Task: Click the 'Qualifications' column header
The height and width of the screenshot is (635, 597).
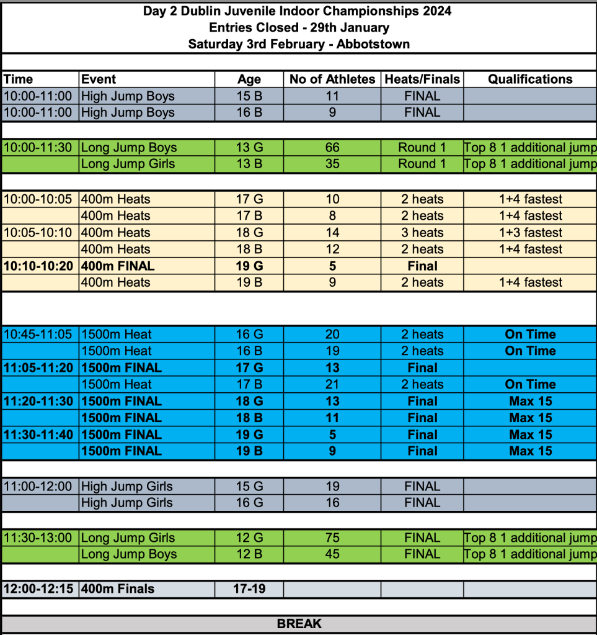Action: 530,79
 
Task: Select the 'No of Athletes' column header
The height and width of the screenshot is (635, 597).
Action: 332,79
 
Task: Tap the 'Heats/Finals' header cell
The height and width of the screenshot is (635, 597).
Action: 422,79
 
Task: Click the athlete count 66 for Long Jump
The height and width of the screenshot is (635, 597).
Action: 332,148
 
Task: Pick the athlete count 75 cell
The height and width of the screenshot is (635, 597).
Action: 332,538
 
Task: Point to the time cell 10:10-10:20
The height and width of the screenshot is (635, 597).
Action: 38,266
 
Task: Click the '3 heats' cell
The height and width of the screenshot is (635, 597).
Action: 422,233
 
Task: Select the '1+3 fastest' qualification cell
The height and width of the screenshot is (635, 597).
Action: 530,233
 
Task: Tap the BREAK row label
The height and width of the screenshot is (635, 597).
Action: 299,624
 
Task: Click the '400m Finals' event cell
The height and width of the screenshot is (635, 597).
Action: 118,588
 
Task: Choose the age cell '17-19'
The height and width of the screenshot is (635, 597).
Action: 249,588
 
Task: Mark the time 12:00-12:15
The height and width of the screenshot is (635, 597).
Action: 38,588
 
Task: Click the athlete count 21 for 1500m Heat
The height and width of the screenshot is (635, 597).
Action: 332,385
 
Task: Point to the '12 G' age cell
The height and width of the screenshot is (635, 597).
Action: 249,538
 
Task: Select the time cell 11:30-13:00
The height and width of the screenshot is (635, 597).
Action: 38,538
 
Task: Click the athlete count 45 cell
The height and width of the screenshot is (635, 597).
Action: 332,554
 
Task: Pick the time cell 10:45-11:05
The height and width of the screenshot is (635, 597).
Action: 38,335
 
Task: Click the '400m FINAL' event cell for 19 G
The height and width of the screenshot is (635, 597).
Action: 118,266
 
